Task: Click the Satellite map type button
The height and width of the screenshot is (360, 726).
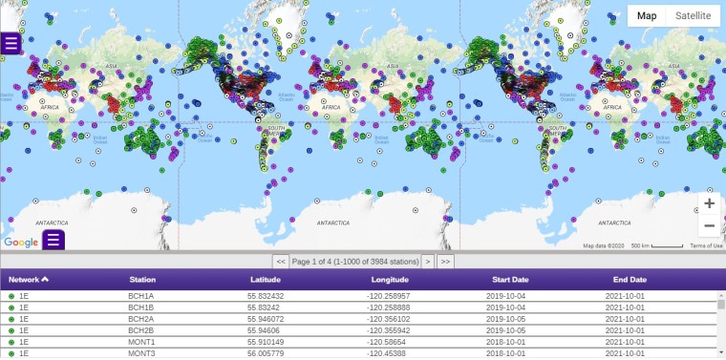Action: (x=693, y=15)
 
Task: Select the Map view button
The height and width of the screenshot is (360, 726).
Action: (x=647, y=15)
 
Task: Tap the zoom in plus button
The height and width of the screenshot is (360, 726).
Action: (x=709, y=203)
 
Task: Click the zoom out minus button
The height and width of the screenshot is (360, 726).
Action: (x=709, y=226)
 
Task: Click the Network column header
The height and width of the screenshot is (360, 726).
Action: (x=29, y=280)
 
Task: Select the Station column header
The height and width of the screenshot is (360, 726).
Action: (x=142, y=280)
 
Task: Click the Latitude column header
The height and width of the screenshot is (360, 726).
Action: (x=265, y=280)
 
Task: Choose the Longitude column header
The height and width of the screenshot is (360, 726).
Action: (x=390, y=280)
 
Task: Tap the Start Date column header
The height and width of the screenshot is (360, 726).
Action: (x=511, y=280)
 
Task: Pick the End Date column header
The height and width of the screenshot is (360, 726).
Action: (x=630, y=280)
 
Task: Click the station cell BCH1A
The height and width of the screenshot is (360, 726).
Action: (x=142, y=297)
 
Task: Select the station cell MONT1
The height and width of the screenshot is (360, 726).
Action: (x=142, y=342)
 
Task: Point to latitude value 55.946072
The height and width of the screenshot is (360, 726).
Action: (x=266, y=319)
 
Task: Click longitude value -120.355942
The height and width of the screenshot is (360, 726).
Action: (x=395, y=330)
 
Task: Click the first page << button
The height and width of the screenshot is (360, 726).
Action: (x=281, y=261)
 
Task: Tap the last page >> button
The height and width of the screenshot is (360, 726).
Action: (x=445, y=261)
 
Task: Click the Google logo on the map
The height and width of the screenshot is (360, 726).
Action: (x=20, y=243)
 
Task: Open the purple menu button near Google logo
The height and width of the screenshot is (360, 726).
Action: (x=53, y=239)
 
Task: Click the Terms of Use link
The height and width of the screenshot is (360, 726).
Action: (x=706, y=245)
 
